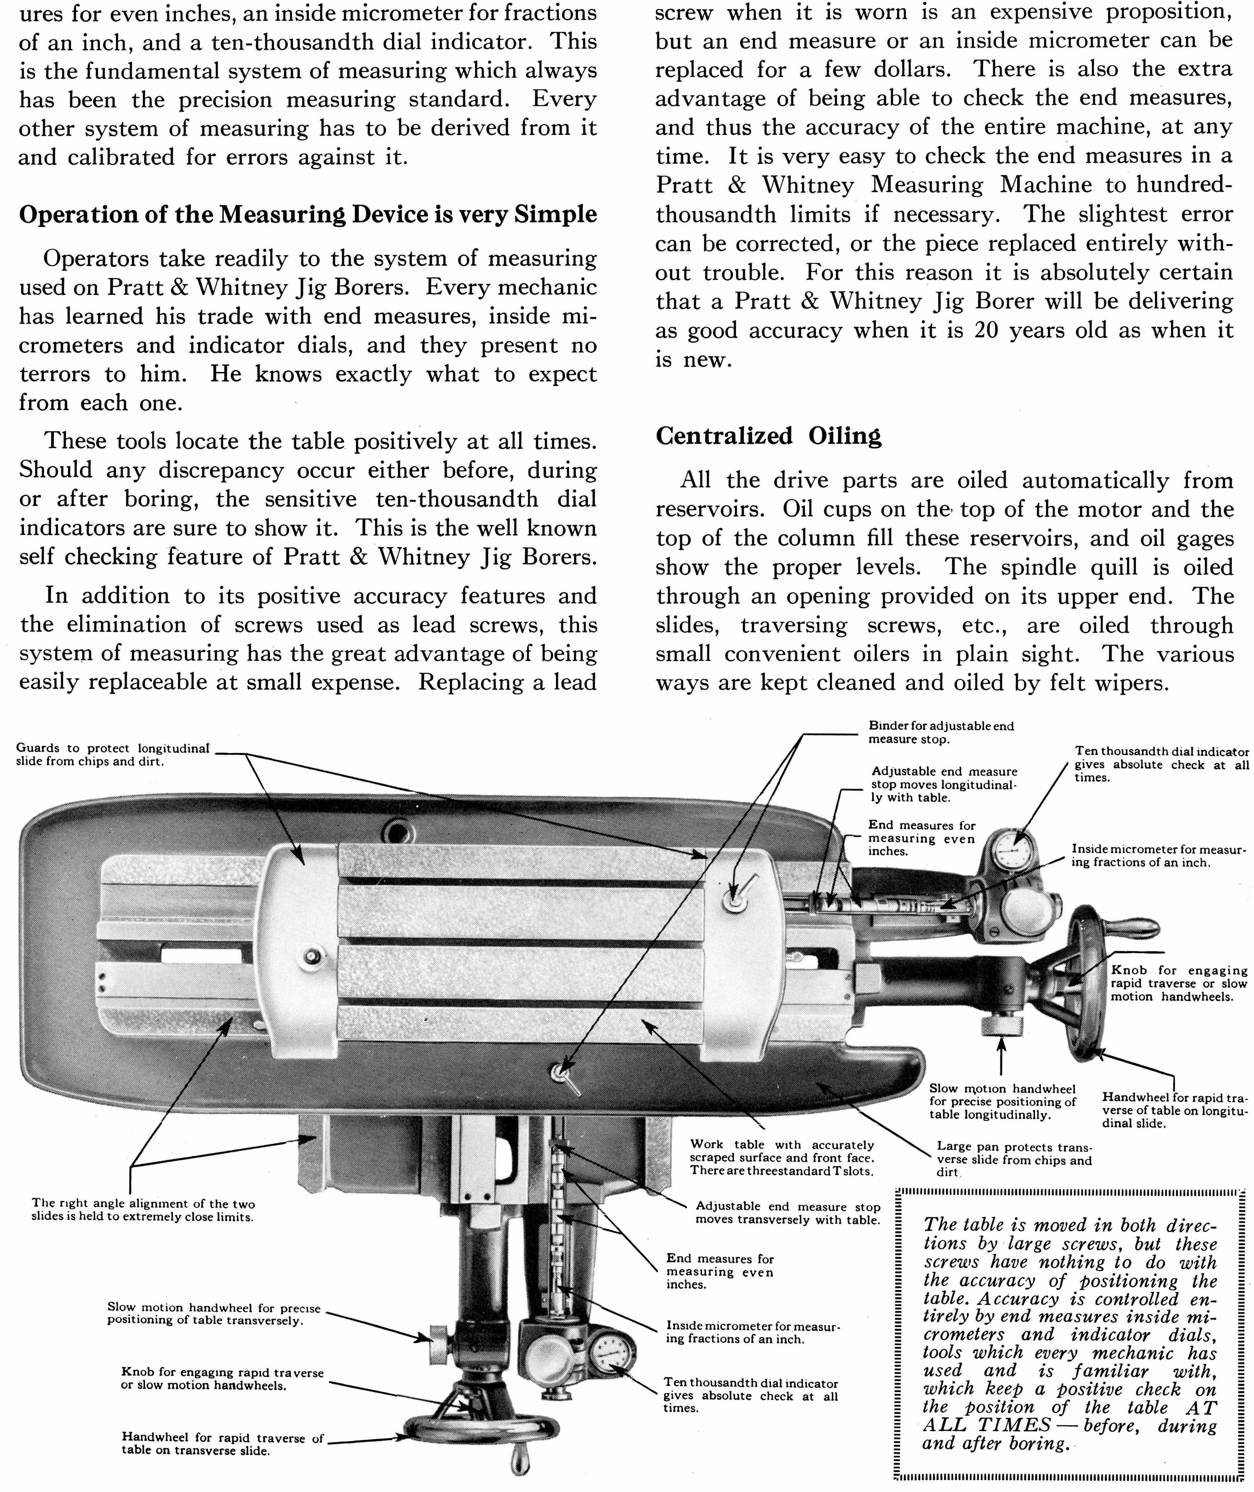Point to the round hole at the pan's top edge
click(x=396, y=830)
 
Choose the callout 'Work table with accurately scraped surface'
click(x=781, y=1157)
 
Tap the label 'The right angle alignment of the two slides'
click(x=143, y=1210)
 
